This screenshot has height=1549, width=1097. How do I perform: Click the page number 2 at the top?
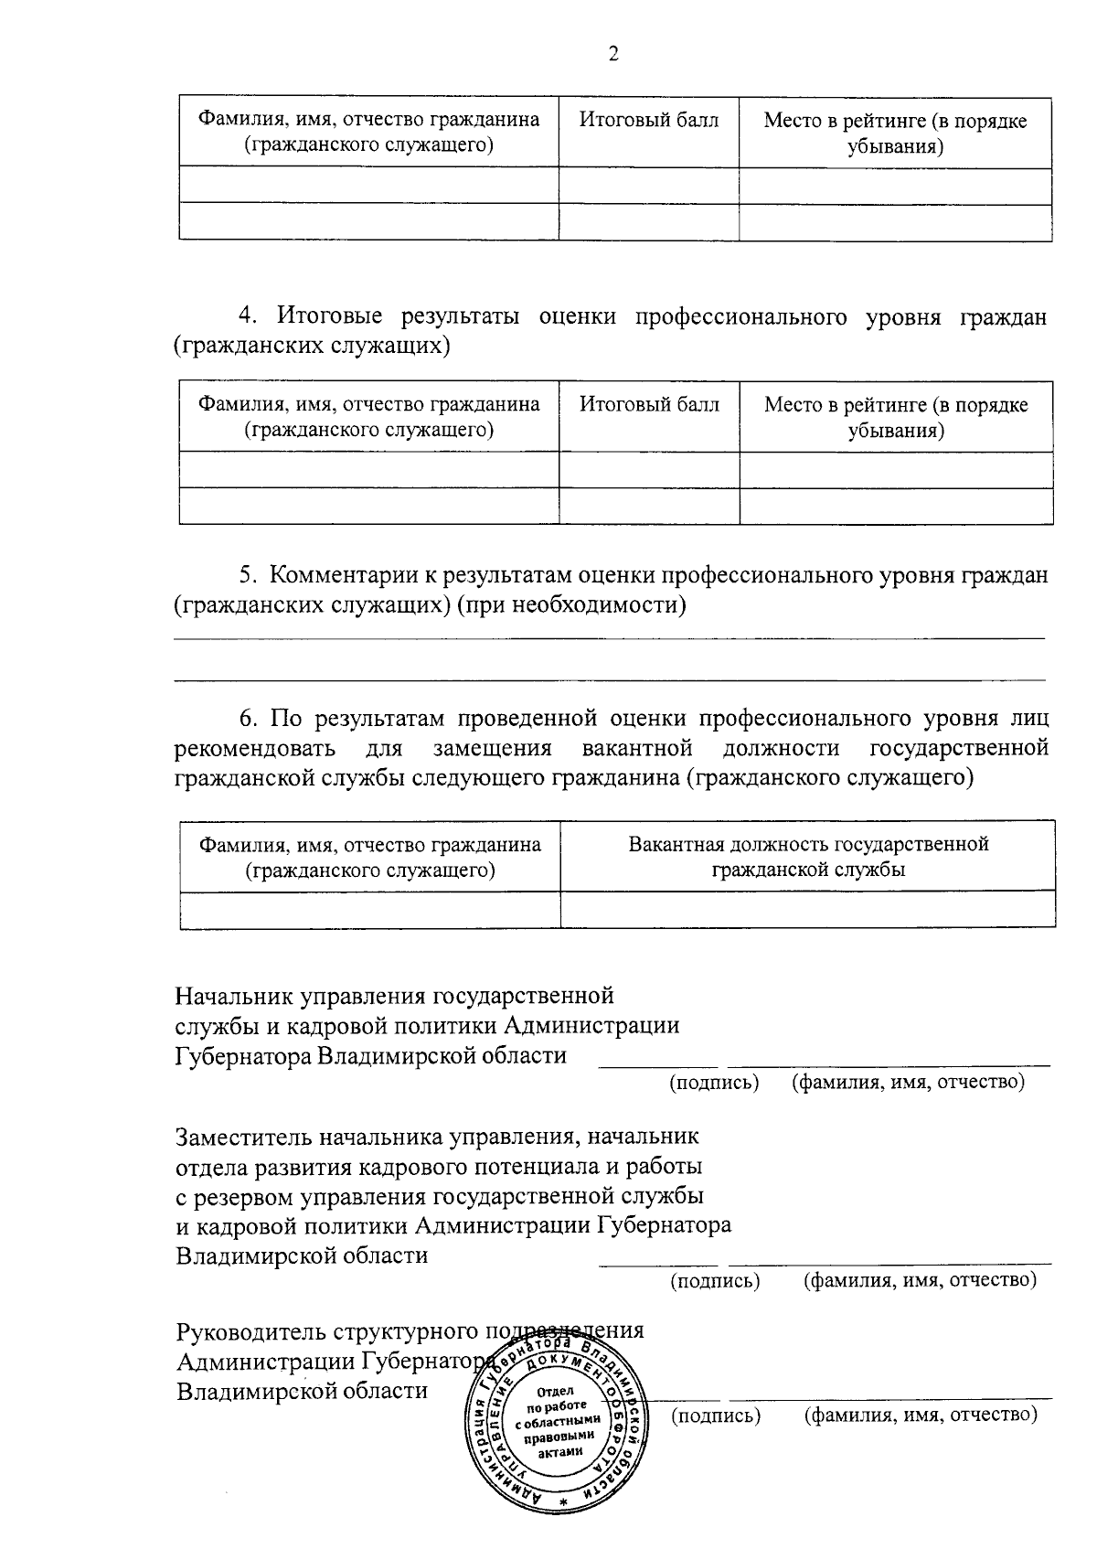[613, 55]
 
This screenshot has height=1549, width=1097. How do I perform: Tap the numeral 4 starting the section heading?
[246, 316]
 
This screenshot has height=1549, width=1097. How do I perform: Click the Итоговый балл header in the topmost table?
[649, 121]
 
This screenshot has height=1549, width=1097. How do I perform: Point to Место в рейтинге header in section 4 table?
[896, 417]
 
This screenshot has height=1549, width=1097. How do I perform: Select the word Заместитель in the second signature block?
[243, 1137]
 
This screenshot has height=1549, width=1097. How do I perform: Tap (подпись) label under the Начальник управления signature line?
[715, 1083]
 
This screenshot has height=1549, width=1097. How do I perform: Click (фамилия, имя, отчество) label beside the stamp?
[920, 1415]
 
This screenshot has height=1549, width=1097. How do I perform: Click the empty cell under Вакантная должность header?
[808, 910]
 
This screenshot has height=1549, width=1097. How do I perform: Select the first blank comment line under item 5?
[609, 637]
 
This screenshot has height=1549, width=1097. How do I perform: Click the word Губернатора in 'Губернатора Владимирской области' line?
[243, 1056]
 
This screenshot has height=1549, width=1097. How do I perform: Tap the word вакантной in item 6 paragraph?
[636, 748]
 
